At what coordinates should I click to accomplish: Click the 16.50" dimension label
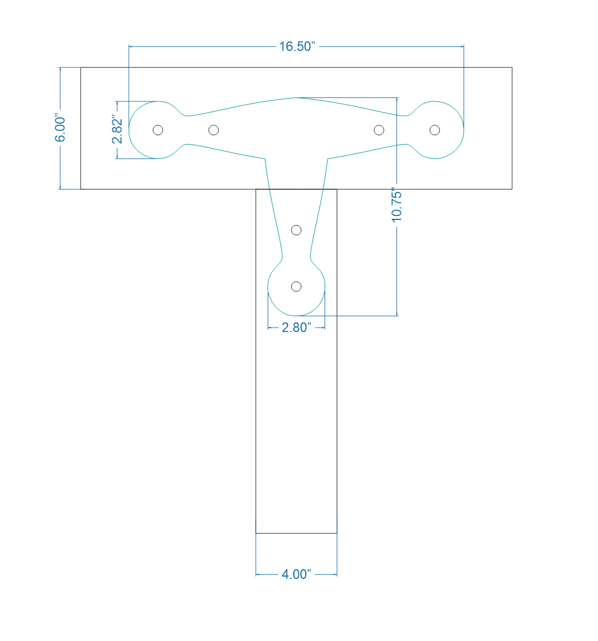(297, 47)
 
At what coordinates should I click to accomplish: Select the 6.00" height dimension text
(61, 129)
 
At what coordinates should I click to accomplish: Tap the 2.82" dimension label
(117, 130)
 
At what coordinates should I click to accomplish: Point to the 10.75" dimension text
(397, 205)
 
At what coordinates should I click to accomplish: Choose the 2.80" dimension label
(297, 328)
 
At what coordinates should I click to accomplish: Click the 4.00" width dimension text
(296, 574)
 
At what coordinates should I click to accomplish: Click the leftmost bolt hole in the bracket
(158, 130)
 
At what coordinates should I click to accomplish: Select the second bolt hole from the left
(214, 130)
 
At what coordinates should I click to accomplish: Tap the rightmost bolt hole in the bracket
(435, 130)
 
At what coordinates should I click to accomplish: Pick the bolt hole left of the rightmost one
(379, 130)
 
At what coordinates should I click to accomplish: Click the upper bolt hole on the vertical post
(296, 230)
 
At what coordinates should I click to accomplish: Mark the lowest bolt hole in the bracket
(296, 286)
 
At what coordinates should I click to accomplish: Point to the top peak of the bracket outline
(296, 97)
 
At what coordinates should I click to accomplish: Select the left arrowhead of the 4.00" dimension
(258, 574)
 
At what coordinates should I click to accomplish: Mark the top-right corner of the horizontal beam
(512, 67)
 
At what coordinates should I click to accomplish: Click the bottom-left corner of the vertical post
(256, 533)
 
